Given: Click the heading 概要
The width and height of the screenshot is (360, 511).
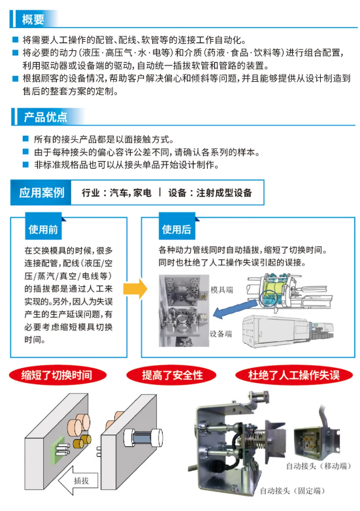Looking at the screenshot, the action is coord(33,19).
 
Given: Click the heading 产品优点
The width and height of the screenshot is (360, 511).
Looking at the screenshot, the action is coord(46,117).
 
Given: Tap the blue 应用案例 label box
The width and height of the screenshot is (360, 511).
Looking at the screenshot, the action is coord(41,193).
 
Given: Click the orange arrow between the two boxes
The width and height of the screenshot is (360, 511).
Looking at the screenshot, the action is coord(135,289).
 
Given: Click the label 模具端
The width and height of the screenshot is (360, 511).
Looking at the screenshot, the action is coord(222,289).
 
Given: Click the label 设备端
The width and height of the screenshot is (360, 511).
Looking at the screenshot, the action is coord(221,334).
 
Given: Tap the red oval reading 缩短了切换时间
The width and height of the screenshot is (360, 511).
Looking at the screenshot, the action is coord(57,375).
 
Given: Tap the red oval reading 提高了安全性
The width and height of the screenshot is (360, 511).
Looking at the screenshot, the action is coord(172,375).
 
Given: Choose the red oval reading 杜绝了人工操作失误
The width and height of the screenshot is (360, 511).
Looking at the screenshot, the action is coord(294,375).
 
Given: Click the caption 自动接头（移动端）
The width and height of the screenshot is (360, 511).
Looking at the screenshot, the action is coord(319,466).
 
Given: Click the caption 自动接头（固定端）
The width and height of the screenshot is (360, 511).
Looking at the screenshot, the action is coord(292,491).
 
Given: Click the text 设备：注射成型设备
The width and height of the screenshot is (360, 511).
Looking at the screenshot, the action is coord(210,193).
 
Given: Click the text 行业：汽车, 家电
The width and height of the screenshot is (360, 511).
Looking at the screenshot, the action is coord(116,193).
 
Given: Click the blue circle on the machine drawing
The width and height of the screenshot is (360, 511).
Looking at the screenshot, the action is coord(269,297).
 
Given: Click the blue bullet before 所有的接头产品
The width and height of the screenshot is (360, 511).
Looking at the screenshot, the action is coord(25,139).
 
